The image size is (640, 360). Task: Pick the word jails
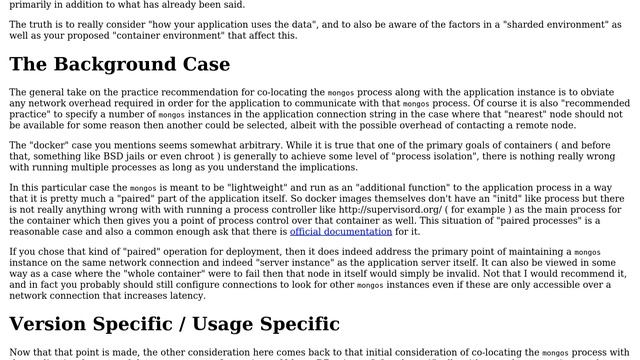click(199, 156)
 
